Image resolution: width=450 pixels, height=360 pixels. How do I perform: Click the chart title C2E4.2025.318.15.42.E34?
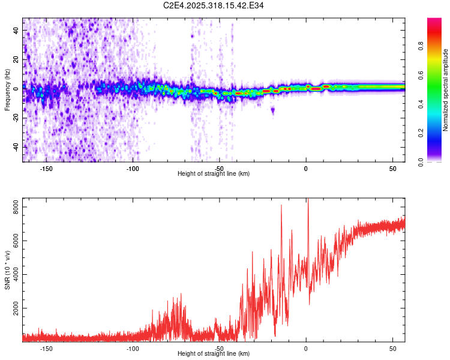coord(214,5)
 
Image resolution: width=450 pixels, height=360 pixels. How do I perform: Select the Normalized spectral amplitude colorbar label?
coord(446,90)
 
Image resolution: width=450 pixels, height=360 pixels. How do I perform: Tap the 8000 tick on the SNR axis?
coord(13,207)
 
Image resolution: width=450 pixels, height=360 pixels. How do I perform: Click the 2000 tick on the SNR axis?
coord(13,308)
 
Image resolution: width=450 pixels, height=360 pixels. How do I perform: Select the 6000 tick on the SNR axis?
coord(13,241)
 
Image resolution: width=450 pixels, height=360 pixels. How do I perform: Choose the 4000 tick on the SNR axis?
coord(13,275)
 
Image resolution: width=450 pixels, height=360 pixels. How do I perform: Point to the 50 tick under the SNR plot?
coord(392,348)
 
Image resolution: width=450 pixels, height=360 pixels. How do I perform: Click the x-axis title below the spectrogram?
coord(214,174)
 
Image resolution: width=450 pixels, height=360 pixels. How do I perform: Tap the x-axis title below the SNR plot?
coord(214,354)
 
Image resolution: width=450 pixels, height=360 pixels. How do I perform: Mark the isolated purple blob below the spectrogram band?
coord(272,110)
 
